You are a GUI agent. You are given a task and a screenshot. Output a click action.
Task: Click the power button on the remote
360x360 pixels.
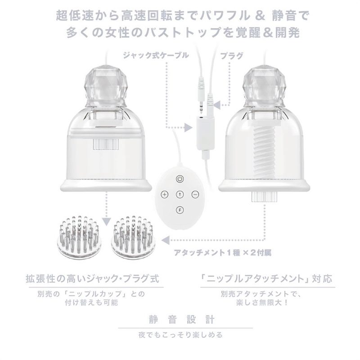(180, 179)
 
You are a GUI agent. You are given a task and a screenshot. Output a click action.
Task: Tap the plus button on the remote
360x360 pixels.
(164, 194)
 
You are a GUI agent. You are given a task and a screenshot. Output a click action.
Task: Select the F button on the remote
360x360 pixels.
(180, 210)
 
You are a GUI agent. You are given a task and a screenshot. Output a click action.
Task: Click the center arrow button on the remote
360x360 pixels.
(180, 194)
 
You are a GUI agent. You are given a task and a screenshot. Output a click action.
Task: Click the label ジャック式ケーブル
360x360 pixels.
(156, 55)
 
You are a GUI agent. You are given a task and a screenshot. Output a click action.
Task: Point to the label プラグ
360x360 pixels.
(231, 55)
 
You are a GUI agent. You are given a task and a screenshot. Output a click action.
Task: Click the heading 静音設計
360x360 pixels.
(182, 319)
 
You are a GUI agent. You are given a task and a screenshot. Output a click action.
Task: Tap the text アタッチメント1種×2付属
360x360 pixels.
(222, 253)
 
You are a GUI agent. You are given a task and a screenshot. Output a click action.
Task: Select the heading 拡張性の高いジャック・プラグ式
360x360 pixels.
(93, 279)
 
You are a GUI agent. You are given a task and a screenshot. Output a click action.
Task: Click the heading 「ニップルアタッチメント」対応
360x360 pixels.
(266, 279)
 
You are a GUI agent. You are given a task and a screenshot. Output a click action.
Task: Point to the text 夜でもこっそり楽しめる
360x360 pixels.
(180, 335)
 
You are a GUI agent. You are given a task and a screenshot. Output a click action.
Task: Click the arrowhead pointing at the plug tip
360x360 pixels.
(217, 105)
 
